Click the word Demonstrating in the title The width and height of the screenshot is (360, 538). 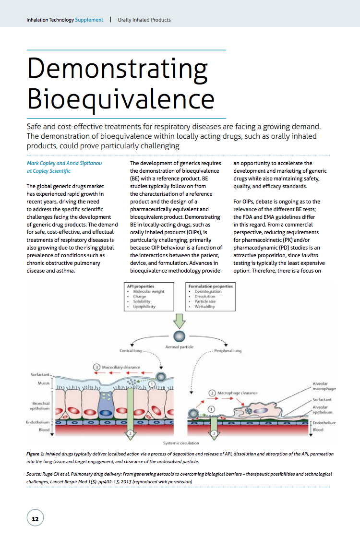tap(117, 68)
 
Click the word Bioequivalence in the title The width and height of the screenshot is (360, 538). tap(120, 98)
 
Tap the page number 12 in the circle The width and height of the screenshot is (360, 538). tap(35, 519)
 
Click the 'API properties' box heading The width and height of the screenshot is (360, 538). tap(137, 286)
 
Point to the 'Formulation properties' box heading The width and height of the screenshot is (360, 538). tap(211, 286)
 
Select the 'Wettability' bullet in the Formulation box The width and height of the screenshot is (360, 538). tap(204, 306)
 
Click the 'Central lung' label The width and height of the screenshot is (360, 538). tap(129, 351)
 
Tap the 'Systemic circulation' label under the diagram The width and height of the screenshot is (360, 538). tap(181, 443)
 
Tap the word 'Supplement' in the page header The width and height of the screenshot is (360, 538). tap(89, 20)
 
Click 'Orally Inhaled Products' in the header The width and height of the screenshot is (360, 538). tap(144, 20)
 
